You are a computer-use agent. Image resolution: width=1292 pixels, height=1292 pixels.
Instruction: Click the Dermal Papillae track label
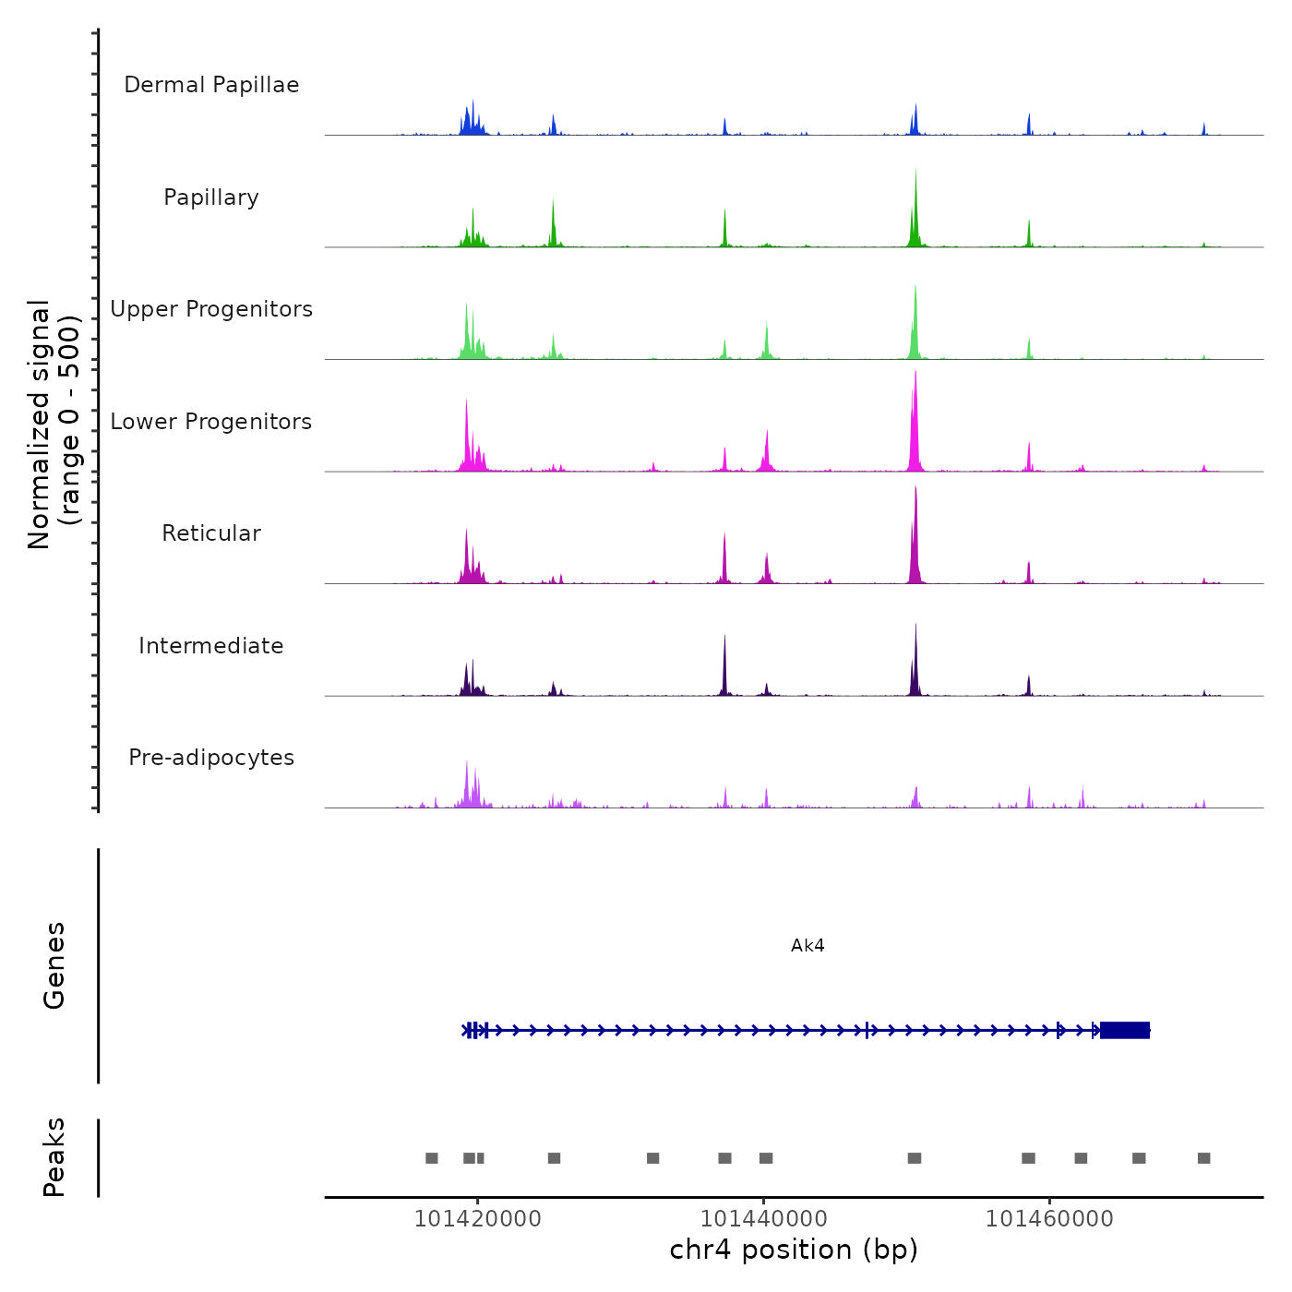tap(211, 85)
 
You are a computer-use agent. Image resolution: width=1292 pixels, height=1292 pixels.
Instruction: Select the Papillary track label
tap(211, 197)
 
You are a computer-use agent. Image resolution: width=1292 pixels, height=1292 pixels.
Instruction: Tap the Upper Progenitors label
tap(211, 309)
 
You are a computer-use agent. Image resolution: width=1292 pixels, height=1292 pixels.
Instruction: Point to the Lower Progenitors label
tap(211, 422)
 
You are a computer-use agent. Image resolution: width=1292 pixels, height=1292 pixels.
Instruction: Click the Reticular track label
tap(211, 533)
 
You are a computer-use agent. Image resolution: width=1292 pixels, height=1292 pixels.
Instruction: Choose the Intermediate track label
tap(211, 646)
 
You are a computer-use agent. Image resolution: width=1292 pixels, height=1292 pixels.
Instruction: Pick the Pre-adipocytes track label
tap(211, 758)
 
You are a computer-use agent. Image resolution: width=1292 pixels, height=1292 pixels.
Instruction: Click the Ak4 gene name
tap(807, 946)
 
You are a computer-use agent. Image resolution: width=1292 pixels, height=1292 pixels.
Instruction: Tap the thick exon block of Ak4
tap(1125, 1030)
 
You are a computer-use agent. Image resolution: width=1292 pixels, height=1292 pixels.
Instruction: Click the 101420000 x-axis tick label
tap(478, 1218)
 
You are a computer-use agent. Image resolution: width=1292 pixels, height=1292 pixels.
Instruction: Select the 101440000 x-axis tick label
tap(764, 1218)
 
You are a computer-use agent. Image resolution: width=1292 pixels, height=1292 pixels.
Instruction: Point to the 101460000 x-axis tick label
tap(1049, 1218)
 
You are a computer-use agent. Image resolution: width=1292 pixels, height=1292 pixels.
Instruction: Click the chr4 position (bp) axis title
tap(794, 1250)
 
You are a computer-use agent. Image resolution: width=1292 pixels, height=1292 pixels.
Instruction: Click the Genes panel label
tap(54, 965)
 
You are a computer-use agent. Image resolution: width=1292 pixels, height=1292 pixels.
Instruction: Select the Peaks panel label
tap(54, 1157)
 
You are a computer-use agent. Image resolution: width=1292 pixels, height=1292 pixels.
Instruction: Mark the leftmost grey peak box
tap(431, 1158)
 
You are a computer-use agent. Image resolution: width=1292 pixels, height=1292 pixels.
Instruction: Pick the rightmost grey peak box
tap(1203, 1158)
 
